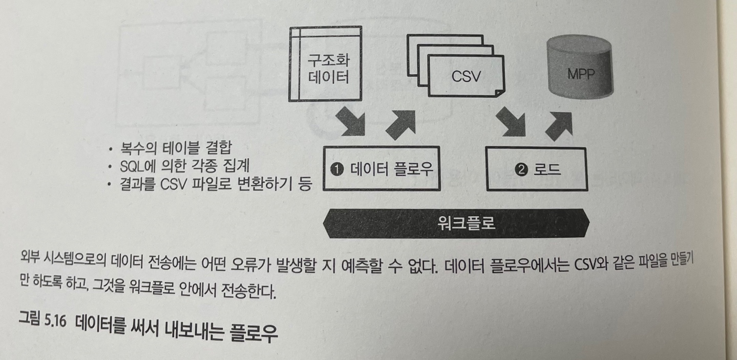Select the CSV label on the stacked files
pos(466,76)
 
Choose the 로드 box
pos(535,169)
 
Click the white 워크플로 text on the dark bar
pos(467,223)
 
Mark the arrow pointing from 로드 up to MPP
pos(560,123)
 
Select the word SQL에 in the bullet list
pos(141,166)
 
